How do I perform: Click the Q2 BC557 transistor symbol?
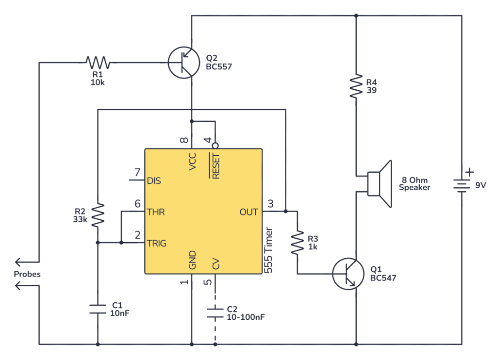[183, 63]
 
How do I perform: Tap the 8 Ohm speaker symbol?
[379, 183]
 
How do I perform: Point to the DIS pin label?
[154, 180]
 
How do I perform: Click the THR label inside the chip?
[156, 212]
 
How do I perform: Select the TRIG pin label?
[157, 243]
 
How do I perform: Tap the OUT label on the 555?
[249, 212]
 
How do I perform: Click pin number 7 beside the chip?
[137, 172]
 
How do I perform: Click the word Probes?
[27, 274]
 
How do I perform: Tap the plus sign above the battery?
[469, 172]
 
